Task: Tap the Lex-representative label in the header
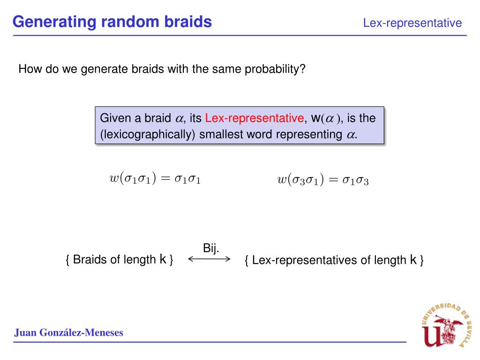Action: [412, 23]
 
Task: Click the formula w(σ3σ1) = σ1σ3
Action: [323, 180]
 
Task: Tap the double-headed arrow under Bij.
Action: [209, 259]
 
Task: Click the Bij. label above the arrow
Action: [211, 248]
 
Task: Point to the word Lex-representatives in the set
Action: [305, 260]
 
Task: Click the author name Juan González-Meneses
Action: [68, 333]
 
